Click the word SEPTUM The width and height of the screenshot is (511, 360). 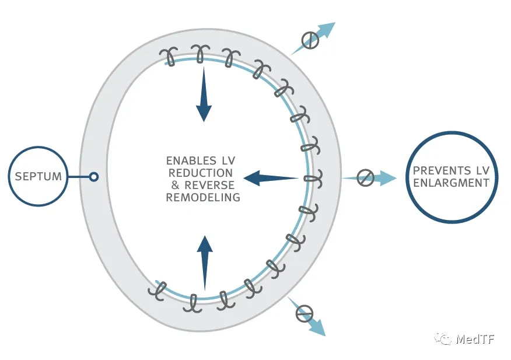click(x=38, y=176)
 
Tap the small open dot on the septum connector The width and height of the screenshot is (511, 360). click(x=94, y=177)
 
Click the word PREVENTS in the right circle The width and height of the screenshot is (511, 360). click(x=442, y=170)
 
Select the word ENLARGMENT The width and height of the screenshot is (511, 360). click(x=452, y=183)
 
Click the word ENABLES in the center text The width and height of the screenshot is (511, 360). click(x=191, y=161)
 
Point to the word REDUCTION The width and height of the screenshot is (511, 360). click(x=201, y=173)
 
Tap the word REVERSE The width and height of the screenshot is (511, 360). click(x=209, y=185)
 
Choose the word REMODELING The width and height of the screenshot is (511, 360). click(x=203, y=198)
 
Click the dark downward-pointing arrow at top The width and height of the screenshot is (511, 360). click(x=204, y=95)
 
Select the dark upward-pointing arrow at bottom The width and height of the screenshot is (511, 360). click(x=205, y=263)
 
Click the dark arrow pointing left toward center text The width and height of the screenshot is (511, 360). click(x=271, y=178)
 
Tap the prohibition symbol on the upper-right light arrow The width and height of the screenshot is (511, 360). click(x=310, y=40)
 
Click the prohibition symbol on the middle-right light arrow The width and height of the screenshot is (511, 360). click(x=365, y=178)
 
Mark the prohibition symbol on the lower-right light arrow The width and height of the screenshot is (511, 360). click(x=304, y=314)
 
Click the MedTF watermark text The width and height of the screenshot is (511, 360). click(x=475, y=339)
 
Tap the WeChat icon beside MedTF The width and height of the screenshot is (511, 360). click(x=443, y=339)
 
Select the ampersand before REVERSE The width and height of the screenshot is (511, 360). click(x=176, y=185)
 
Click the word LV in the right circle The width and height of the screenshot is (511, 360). click(x=483, y=170)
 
